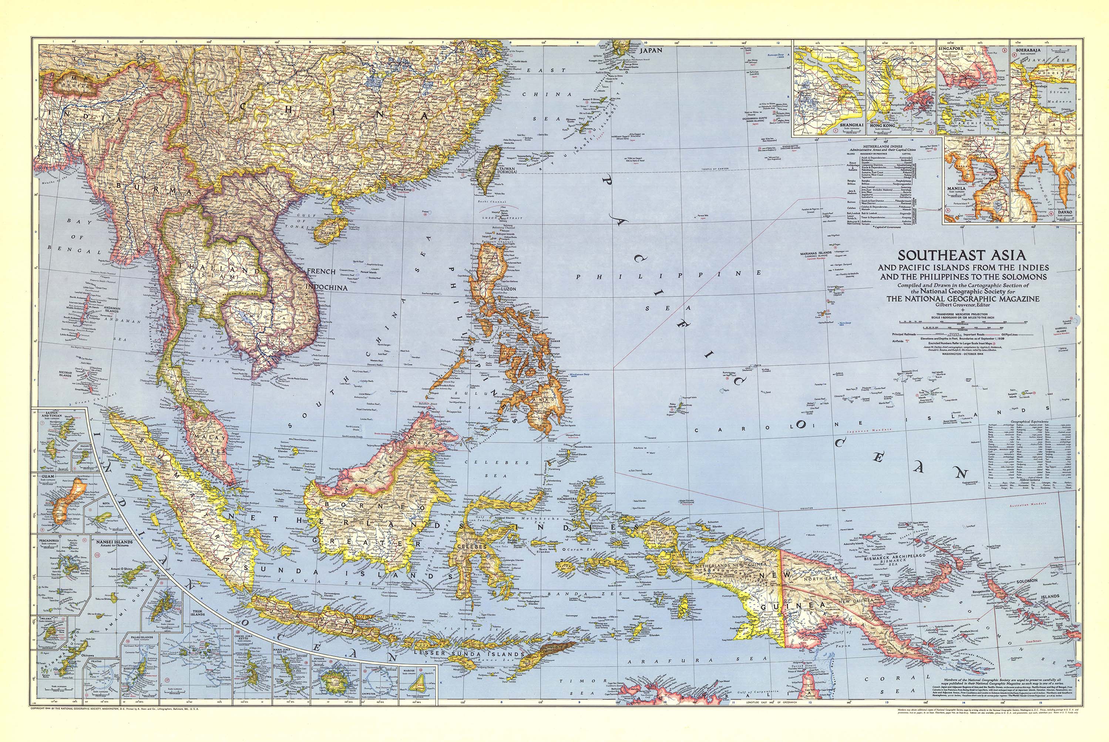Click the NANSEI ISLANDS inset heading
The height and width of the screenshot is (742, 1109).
[x=114, y=542]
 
